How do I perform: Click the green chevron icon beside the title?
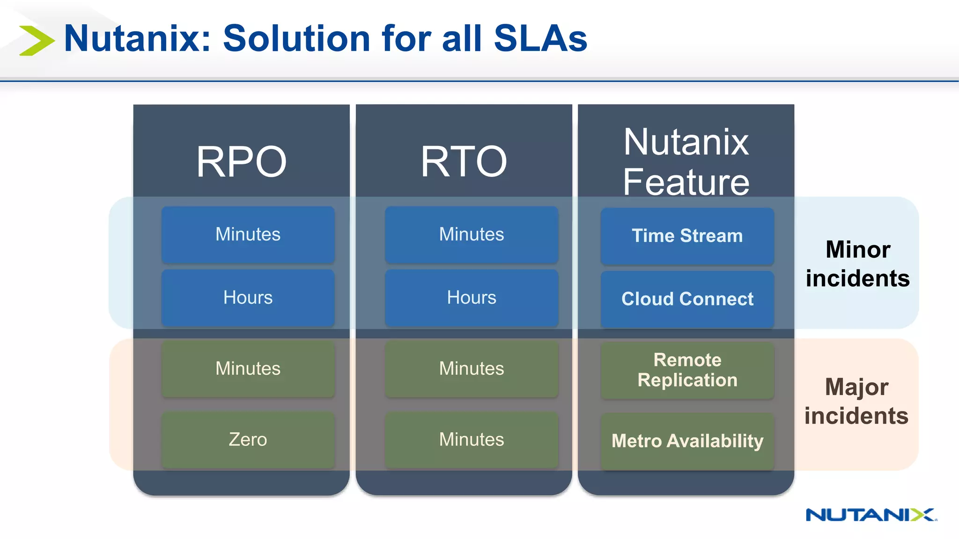[x=37, y=41]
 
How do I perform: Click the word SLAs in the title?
[x=540, y=38]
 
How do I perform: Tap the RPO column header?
[x=241, y=161]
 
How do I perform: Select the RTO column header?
[x=464, y=161]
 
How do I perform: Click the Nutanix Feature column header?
[x=686, y=161]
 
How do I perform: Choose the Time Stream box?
[x=687, y=236]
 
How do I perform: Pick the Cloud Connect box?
[x=687, y=299]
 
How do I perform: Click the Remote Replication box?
[x=687, y=370]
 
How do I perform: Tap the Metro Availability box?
[x=687, y=441]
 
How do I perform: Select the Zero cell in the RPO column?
[x=248, y=439]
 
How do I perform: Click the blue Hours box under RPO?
[x=248, y=298]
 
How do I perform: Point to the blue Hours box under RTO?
[x=471, y=298]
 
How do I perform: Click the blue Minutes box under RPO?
[x=248, y=234]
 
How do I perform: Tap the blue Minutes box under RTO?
[x=471, y=234]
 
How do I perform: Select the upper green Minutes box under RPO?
[x=248, y=369]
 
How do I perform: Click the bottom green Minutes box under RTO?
[x=471, y=439]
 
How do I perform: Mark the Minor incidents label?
[x=857, y=263]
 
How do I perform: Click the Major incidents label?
[x=856, y=401]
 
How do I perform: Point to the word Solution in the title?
[x=296, y=38]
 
